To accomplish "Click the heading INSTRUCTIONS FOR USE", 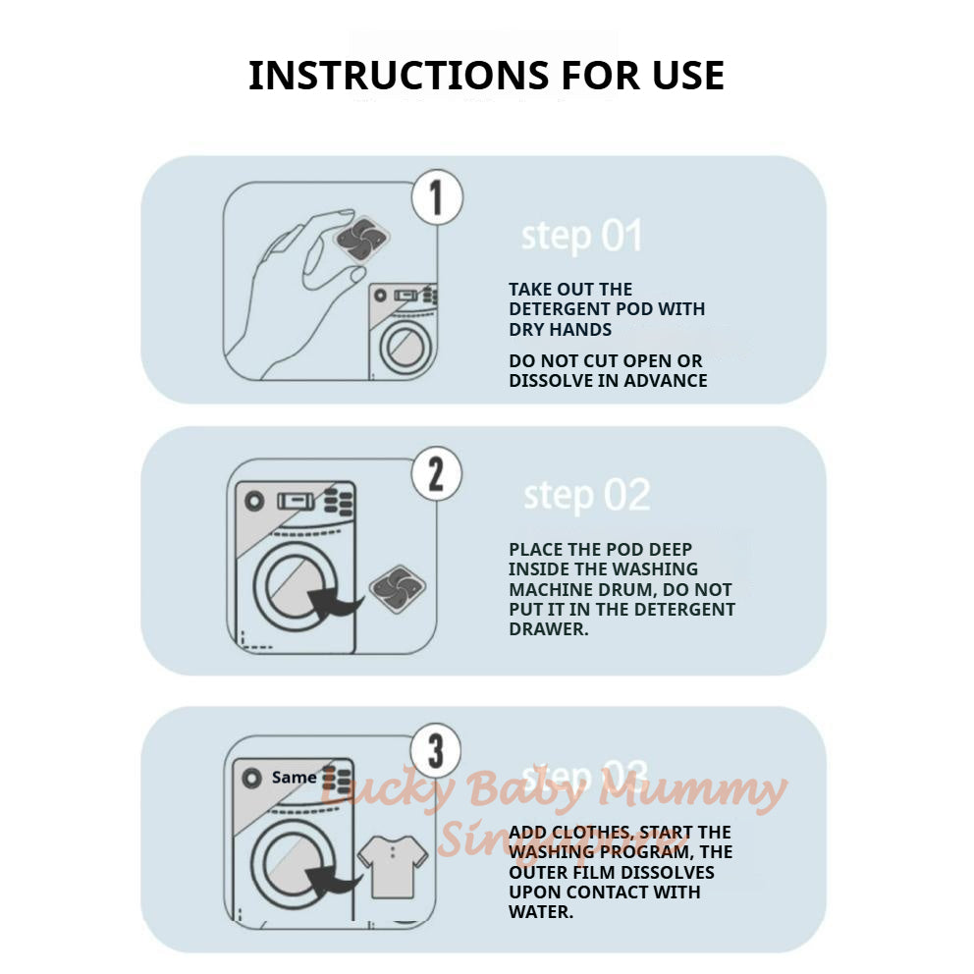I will click(x=486, y=76).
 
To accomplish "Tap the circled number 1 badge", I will click(x=436, y=198).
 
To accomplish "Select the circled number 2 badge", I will click(x=436, y=475).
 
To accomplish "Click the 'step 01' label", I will click(x=581, y=237).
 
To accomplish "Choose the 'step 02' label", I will click(x=586, y=496).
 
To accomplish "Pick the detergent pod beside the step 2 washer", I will click(x=398, y=589).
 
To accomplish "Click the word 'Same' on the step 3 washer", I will click(x=294, y=778).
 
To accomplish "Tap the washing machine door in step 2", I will click(x=292, y=587).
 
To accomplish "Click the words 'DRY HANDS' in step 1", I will click(x=560, y=330).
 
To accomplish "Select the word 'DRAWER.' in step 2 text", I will click(x=548, y=629).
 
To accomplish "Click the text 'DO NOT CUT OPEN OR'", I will click(x=606, y=361).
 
